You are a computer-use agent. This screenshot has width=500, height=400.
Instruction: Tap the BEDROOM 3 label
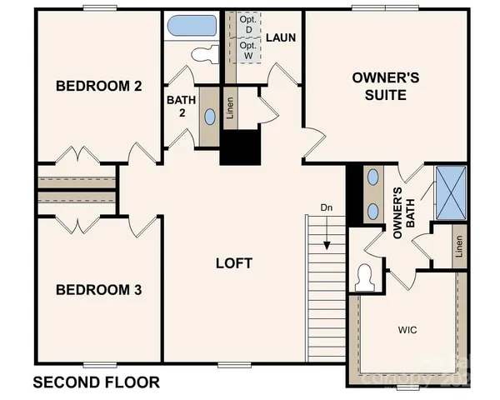[x=97, y=290]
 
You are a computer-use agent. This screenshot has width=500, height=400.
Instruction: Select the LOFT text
[x=233, y=263]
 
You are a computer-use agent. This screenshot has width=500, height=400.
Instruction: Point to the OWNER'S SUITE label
[x=379, y=87]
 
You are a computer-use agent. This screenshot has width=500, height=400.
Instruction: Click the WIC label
[x=407, y=330]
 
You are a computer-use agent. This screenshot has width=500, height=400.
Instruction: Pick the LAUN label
[x=281, y=37]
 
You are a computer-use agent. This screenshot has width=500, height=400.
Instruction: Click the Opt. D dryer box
[x=248, y=26]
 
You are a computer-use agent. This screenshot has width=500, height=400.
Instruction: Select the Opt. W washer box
[x=248, y=50]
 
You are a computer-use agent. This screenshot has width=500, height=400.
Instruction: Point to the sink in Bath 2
[x=209, y=117]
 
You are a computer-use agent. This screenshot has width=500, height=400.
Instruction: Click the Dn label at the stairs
[x=327, y=207]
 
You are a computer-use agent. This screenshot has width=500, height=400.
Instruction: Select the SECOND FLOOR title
[x=96, y=383]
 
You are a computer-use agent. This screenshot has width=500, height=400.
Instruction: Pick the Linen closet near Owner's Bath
[x=459, y=247]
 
